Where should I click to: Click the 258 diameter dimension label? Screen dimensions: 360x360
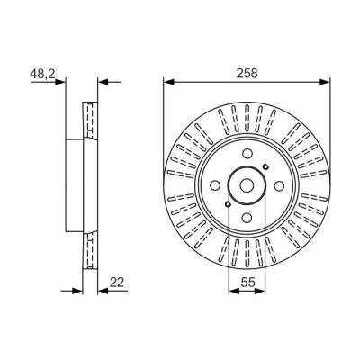pos(247,73)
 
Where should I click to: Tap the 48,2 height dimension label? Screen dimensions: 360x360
pos(42,74)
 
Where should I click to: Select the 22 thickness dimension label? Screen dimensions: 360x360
pos(117,282)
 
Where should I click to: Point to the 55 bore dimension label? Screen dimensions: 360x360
pos(247,282)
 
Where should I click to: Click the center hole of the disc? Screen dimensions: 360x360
pos(247,186)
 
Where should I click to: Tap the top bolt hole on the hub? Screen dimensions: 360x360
pos(247,154)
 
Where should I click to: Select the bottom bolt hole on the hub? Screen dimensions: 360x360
pos(247,218)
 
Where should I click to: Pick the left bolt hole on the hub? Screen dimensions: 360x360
pos(215,185)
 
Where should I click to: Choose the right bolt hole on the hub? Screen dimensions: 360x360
pos(279,186)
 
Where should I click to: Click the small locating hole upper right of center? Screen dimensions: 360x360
pos(265,166)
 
